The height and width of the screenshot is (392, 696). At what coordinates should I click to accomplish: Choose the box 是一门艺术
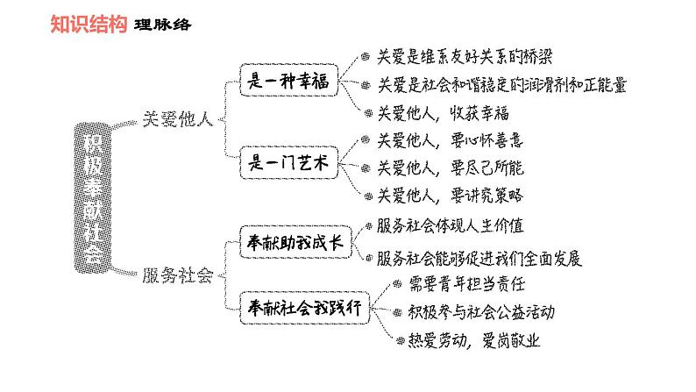(x=289, y=163)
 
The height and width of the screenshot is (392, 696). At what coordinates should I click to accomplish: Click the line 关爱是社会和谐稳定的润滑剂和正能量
(x=501, y=85)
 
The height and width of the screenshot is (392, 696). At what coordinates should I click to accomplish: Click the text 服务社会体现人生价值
(x=451, y=225)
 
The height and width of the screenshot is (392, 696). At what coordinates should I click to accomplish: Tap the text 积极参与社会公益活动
(x=481, y=311)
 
